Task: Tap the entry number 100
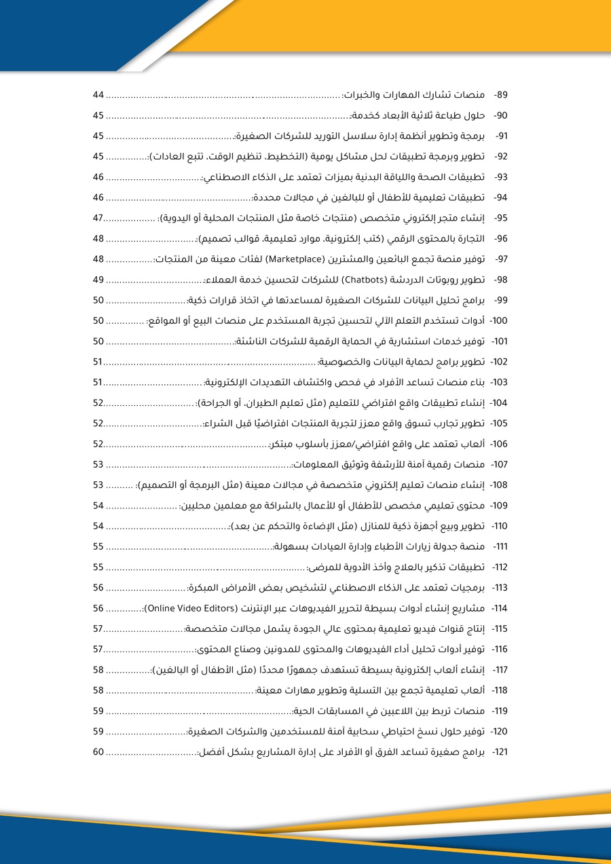(x=498, y=320)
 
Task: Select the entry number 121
(x=500, y=752)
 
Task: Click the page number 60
(x=98, y=752)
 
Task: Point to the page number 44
(x=98, y=95)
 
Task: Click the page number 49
(x=98, y=280)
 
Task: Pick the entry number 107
(x=499, y=464)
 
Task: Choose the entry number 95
(x=501, y=218)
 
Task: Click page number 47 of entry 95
(x=98, y=218)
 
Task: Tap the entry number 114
(x=499, y=608)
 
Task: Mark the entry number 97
(x=502, y=259)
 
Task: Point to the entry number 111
(x=500, y=546)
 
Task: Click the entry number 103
(x=499, y=382)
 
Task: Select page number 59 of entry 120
(x=98, y=732)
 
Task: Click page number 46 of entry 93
(x=98, y=177)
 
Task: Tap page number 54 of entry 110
(x=98, y=526)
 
